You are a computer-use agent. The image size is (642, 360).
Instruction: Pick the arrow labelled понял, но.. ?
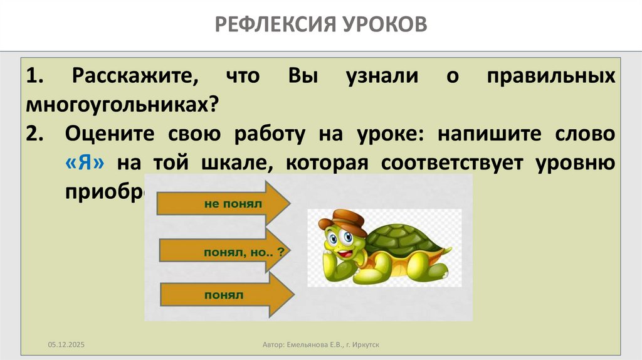(226, 251)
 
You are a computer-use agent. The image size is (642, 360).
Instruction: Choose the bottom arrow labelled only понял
(226, 294)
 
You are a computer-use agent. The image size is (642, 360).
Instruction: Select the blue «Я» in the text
(88, 162)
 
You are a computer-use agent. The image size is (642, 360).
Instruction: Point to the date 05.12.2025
(66, 346)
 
